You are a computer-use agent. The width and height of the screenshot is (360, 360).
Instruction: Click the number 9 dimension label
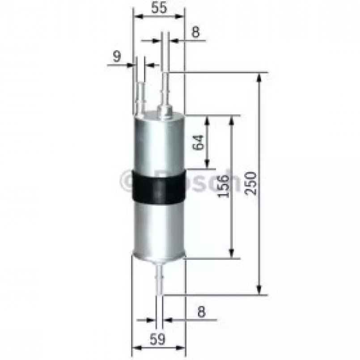click(117, 56)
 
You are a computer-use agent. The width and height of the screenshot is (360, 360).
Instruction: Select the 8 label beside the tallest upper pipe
click(195, 32)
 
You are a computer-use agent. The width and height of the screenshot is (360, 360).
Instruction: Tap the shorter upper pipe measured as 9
click(140, 89)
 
